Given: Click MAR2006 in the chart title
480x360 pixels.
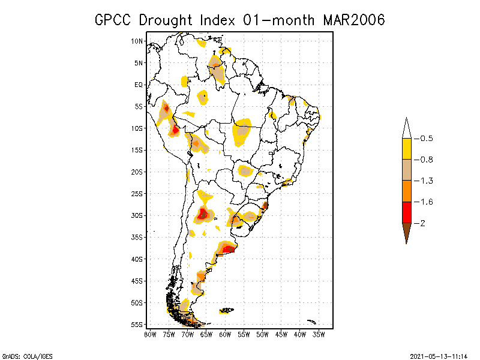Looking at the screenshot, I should click(353, 20).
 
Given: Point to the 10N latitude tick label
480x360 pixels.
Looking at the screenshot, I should click(137, 41).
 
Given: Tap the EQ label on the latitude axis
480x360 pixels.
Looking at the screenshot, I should click(139, 85).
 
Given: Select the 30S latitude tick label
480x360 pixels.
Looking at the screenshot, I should click(137, 215).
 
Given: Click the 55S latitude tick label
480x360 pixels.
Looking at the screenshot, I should click(137, 325).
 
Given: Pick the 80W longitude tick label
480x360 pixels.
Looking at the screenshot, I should click(150, 334).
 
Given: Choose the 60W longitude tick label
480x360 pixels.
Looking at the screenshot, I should click(225, 334).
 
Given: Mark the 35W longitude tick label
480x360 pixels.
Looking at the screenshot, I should click(319, 334).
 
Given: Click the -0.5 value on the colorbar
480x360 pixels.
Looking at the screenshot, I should click(427, 139).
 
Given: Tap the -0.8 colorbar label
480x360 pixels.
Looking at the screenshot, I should click(427, 160).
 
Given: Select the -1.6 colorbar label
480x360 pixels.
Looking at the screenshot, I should click(427, 202).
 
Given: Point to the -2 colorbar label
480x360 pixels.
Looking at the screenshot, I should click(424, 223).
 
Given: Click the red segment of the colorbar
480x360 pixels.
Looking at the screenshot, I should click(406, 212).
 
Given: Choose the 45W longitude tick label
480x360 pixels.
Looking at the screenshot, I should click(281, 334).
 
